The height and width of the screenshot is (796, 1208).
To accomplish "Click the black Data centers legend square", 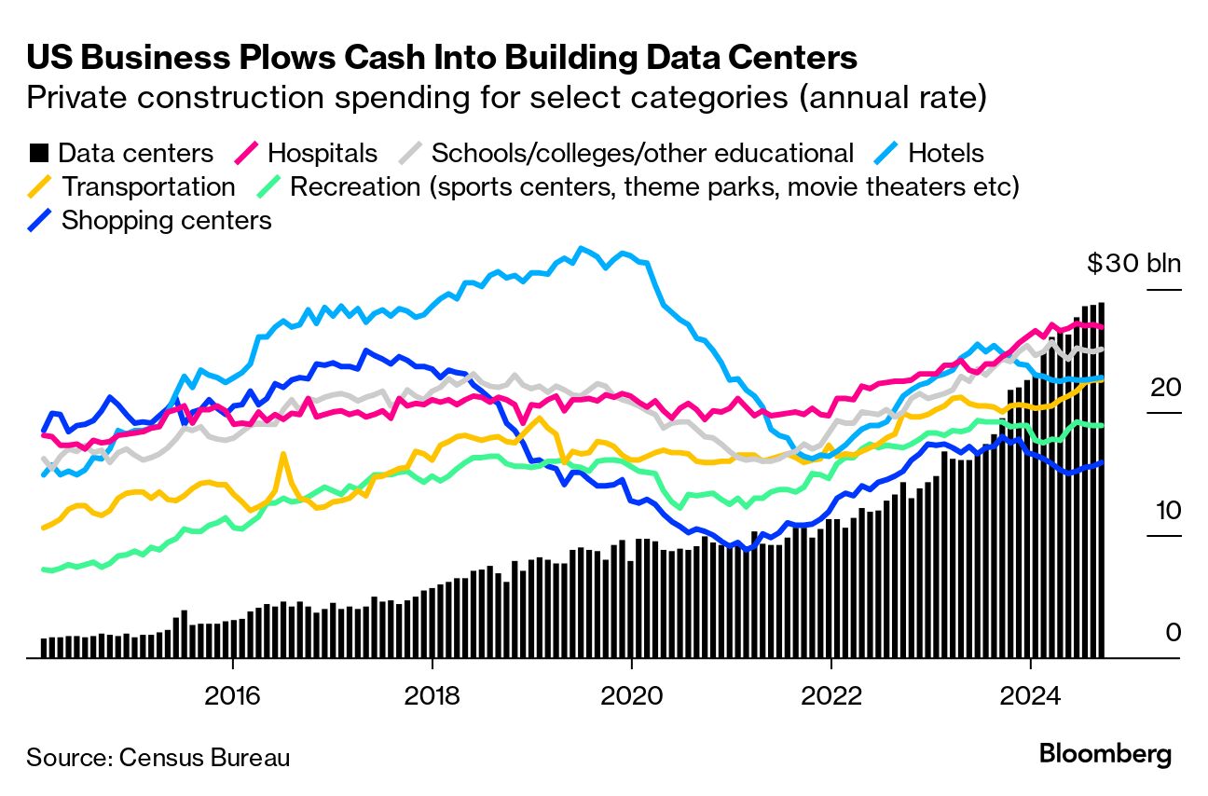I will pyautogui.click(x=38, y=153).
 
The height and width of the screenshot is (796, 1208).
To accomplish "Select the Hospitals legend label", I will pyautogui.click(x=323, y=153).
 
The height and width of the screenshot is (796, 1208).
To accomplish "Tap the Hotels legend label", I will pyautogui.click(x=945, y=153).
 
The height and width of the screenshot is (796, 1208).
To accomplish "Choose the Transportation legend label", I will pyautogui.click(x=148, y=186).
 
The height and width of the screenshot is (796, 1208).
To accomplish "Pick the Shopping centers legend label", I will pyautogui.click(x=166, y=220).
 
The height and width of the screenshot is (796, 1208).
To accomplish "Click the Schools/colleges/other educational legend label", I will pyautogui.click(x=642, y=153).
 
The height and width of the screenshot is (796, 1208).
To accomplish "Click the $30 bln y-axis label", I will pyautogui.click(x=1133, y=264).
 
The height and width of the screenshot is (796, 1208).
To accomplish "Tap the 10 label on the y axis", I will pyautogui.click(x=1165, y=510).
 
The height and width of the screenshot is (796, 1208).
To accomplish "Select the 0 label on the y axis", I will pyautogui.click(x=1173, y=633).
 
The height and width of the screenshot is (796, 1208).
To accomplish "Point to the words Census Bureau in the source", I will pyautogui.click(x=204, y=757).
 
